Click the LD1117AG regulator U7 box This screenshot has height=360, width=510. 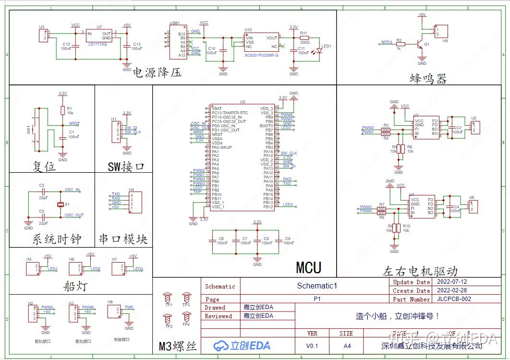pyautogui.click(x=99, y=36)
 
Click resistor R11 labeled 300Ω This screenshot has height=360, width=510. pyautogui.click(x=304, y=37)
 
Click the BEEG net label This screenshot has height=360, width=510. pyautogui.click(x=387, y=42)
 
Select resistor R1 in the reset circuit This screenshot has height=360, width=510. pyautogui.click(x=62, y=110)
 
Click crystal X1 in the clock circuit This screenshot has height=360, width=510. pyautogui.click(x=61, y=205)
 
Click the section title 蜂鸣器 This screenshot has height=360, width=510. pyautogui.click(x=428, y=78)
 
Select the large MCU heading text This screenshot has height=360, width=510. pyautogui.click(x=308, y=267)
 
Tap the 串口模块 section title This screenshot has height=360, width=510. pyautogui.click(x=123, y=239)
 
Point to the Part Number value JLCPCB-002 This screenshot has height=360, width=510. pyautogui.click(x=454, y=299)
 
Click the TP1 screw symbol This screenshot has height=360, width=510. pyautogui.click(x=168, y=298)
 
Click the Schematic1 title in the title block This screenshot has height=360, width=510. pyautogui.click(x=317, y=286)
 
